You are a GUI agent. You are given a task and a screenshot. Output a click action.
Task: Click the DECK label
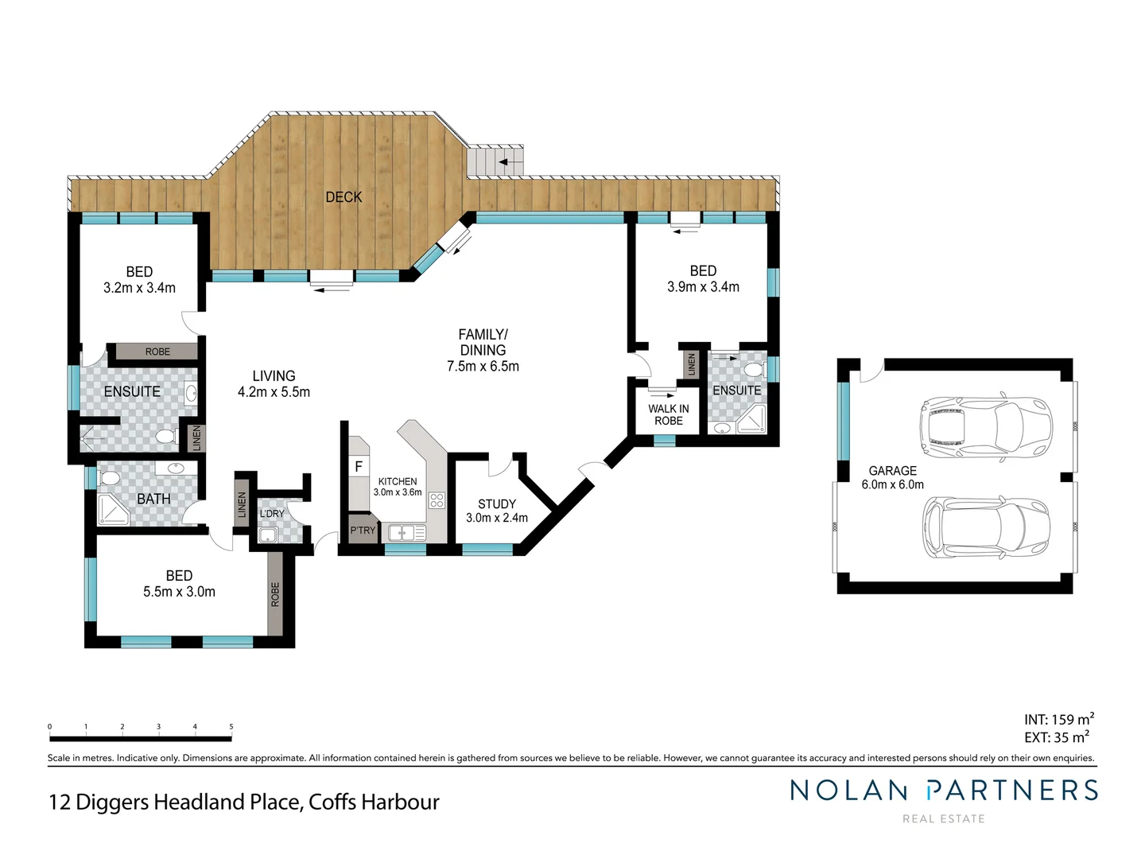tap(343, 197)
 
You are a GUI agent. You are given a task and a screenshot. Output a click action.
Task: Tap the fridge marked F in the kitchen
tap(359, 467)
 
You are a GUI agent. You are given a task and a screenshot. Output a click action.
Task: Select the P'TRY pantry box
tap(363, 531)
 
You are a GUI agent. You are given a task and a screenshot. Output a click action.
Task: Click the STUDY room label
tap(497, 504)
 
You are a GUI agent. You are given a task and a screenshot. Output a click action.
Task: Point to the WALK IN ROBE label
tap(668, 414)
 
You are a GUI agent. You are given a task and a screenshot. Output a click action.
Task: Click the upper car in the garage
tap(986, 427)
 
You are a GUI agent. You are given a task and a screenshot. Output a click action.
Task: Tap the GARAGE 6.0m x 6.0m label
tap(892, 477)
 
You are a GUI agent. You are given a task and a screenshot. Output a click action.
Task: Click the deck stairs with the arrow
tap(495, 162)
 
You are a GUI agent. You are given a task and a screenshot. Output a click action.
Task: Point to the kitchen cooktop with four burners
tap(437, 500)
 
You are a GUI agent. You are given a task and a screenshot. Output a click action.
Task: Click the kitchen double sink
tap(406, 533)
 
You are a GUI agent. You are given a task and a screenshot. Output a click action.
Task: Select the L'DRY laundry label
tap(272, 514)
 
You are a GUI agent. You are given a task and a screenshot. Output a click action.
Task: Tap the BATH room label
tap(153, 499)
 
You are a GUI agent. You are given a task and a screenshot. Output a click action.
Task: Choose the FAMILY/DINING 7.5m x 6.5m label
tap(483, 350)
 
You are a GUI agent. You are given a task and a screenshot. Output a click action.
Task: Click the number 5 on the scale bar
tap(231, 726)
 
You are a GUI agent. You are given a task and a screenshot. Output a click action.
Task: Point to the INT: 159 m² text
tap(1058, 719)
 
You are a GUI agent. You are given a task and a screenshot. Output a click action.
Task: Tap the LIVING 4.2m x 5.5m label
tap(274, 383)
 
